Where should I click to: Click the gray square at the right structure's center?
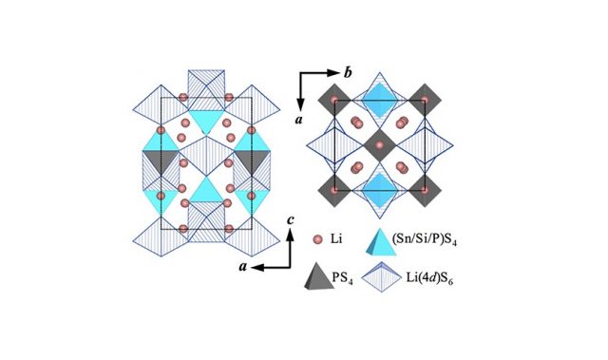tap(379, 144)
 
